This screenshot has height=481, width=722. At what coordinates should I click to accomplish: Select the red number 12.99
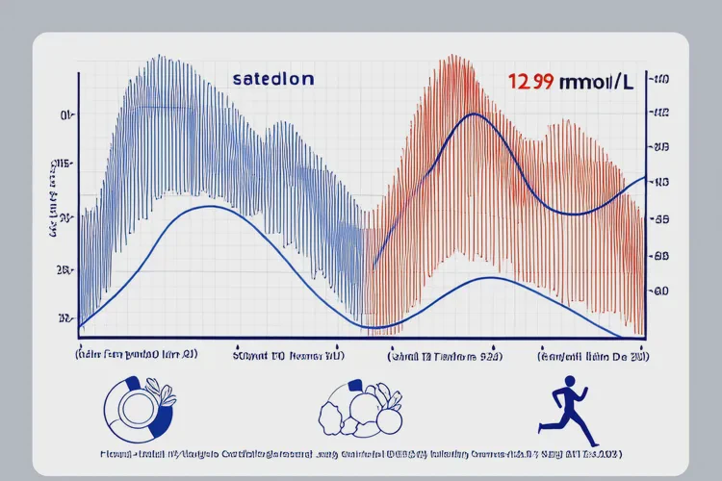[530, 82]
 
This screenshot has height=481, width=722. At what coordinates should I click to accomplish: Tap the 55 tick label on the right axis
[661, 219]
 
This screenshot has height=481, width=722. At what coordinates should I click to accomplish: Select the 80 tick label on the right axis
[661, 256]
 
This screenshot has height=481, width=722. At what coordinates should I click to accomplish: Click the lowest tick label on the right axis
[661, 291]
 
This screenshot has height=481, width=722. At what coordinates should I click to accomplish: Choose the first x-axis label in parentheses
[137, 355]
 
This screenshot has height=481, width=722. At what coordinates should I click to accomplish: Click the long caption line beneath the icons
[361, 452]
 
